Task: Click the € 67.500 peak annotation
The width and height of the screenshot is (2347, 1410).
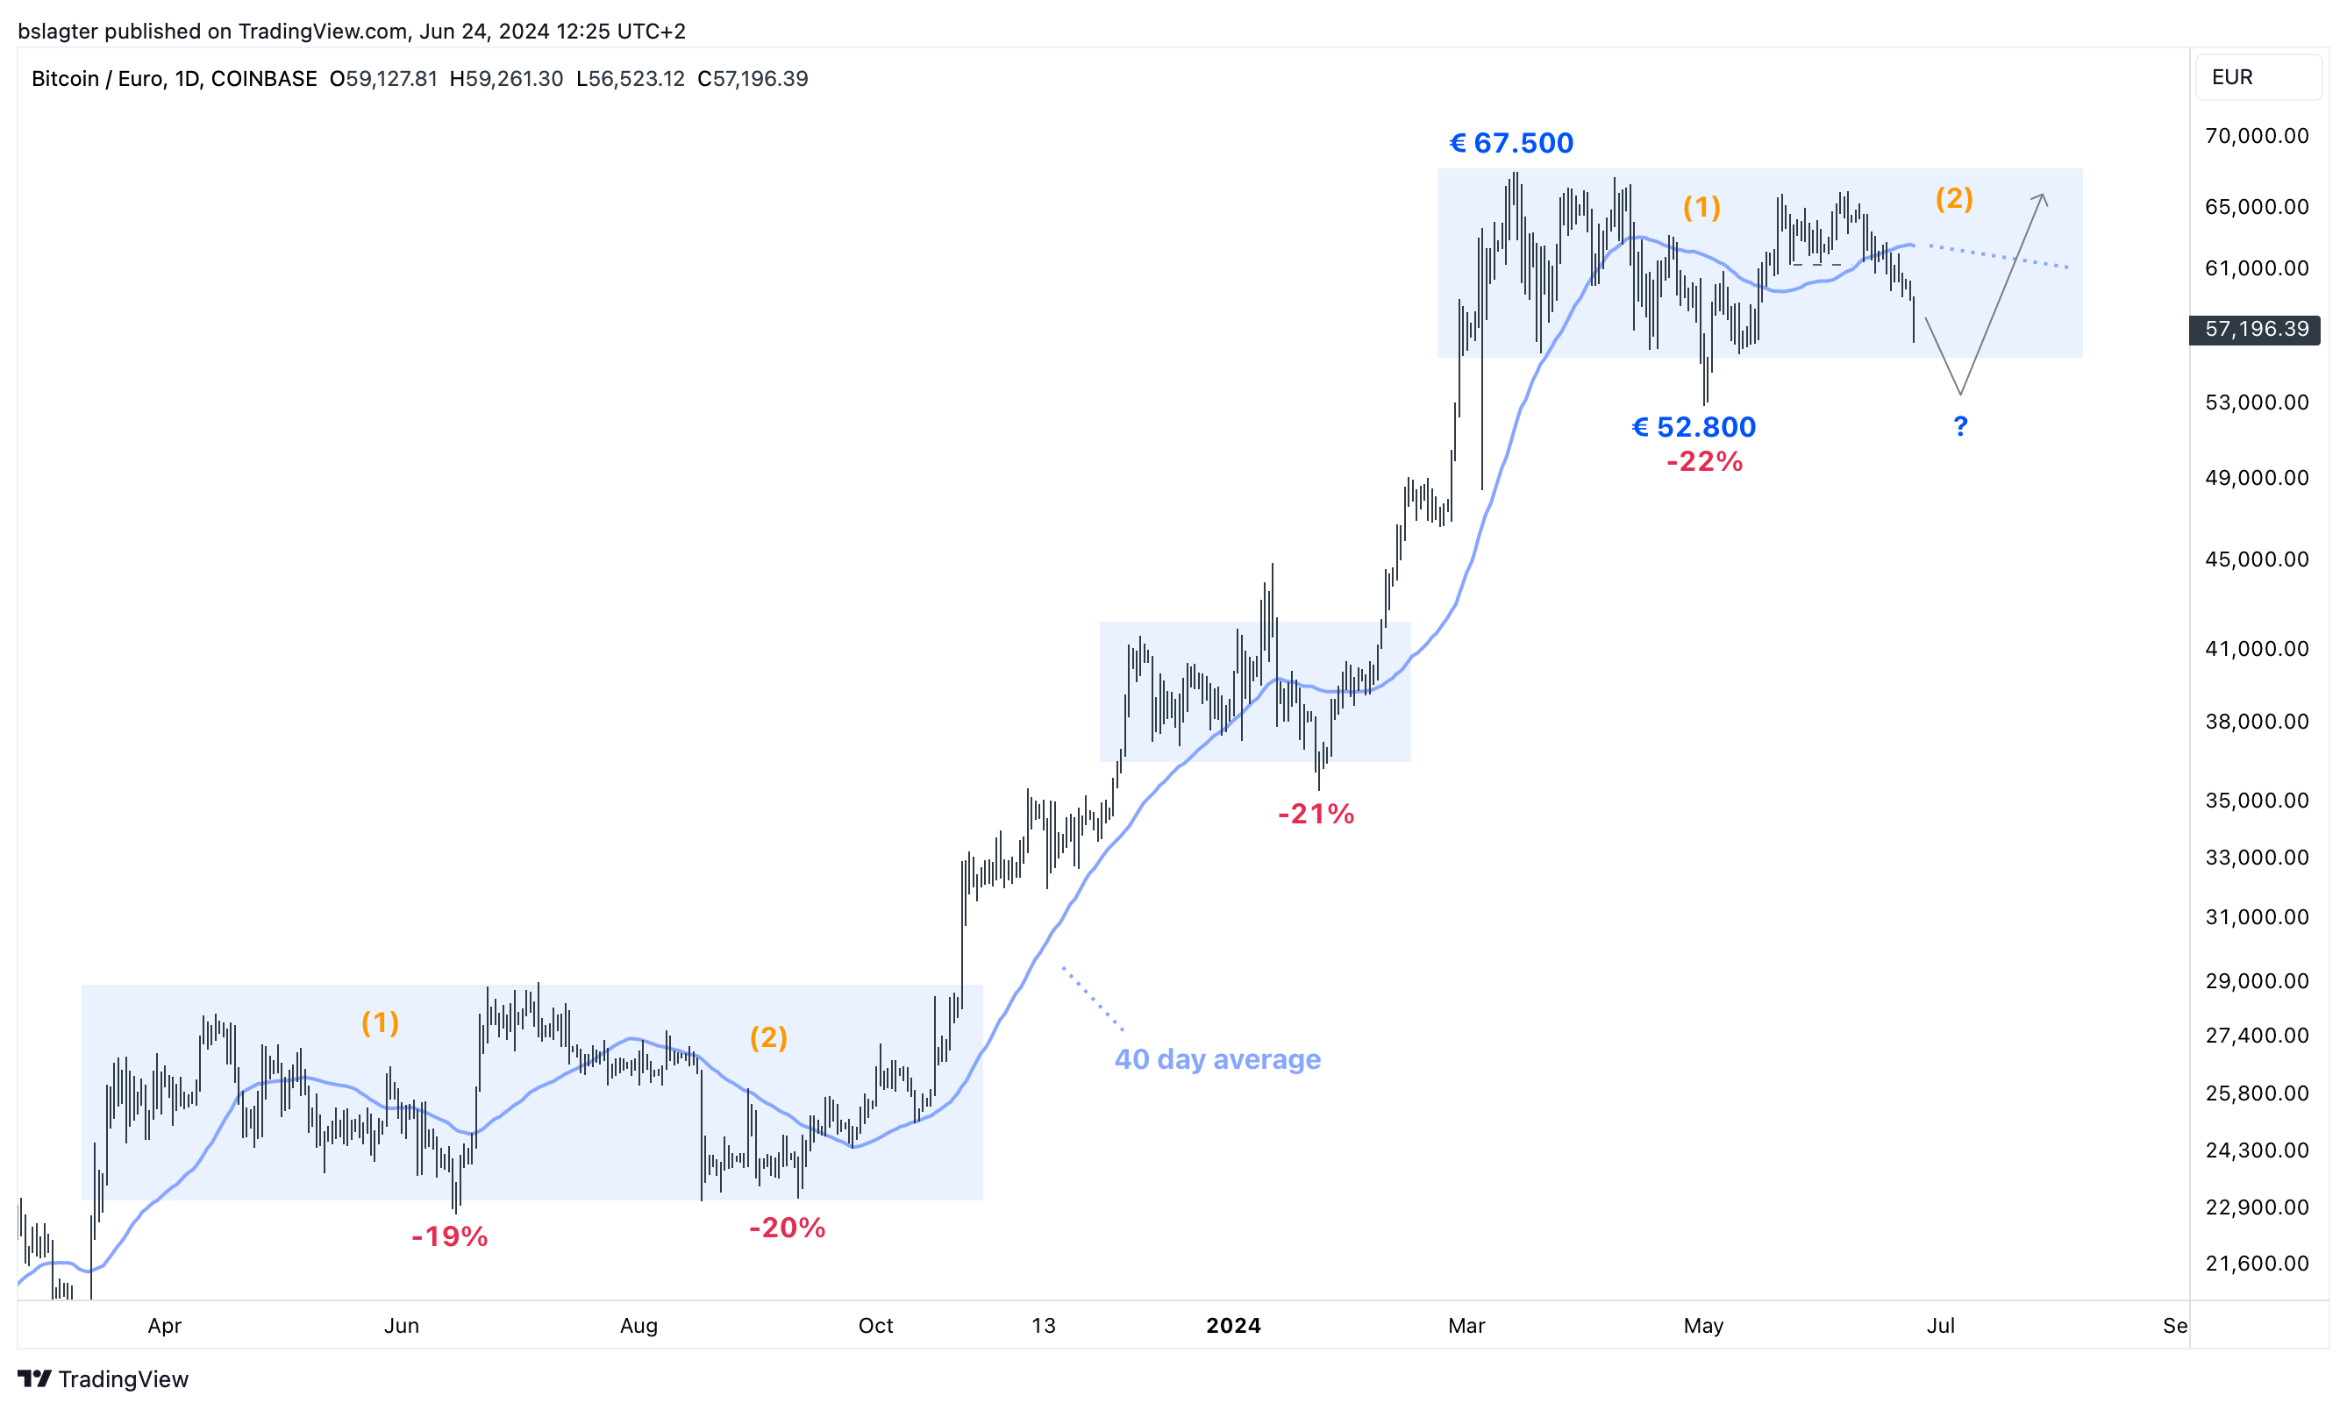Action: tap(1510, 144)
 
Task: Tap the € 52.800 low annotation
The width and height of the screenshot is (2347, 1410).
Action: tap(1694, 428)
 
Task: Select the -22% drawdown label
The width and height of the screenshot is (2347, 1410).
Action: tap(1704, 462)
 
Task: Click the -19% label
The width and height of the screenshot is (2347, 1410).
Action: tap(449, 1237)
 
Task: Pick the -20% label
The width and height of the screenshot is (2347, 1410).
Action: tap(787, 1228)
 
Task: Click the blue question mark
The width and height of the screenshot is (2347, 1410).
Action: tap(1959, 427)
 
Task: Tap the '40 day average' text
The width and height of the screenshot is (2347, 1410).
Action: tap(1216, 1059)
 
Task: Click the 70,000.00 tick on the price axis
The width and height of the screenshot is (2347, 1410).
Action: tap(2256, 136)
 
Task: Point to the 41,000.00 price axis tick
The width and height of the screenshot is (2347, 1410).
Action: tap(2256, 649)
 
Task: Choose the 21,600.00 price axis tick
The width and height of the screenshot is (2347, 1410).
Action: tap(2256, 1264)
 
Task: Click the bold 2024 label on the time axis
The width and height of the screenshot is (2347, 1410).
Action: tap(1232, 1327)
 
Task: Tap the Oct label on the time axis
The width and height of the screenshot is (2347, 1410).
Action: tap(875, 1327)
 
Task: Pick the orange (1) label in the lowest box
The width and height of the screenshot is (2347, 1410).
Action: tap(380, 1023)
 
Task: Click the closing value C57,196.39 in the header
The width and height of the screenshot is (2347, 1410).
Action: tap(753, 79)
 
